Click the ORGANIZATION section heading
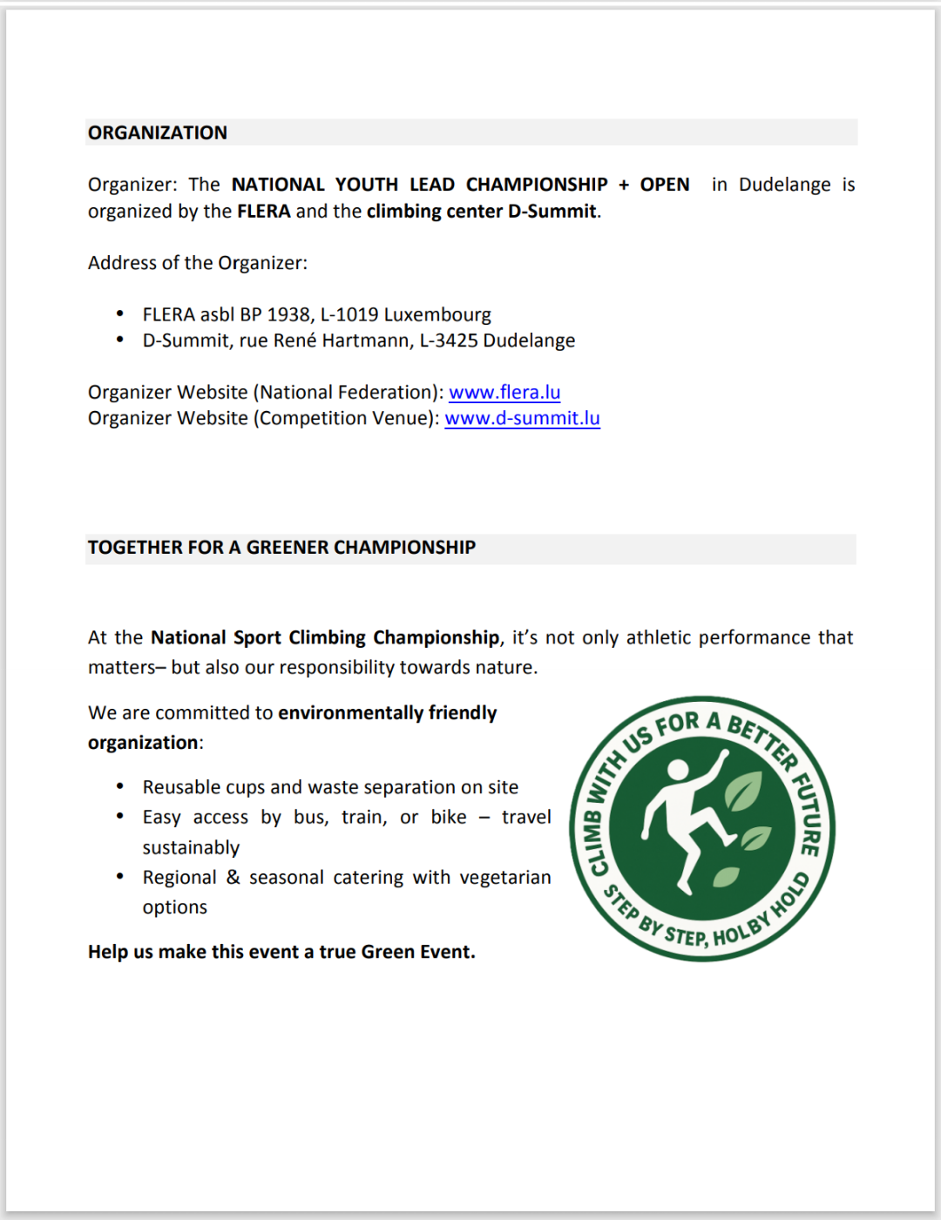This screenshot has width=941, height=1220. [158, 132]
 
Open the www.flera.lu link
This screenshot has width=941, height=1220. [504, 392]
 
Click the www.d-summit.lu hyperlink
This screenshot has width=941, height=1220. [522, 418]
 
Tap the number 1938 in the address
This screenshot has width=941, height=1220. [288, 314]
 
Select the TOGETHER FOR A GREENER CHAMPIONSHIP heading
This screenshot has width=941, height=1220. [281, 547]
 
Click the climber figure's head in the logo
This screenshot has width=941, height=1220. [677, 770]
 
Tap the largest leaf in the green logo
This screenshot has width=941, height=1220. [743, 790]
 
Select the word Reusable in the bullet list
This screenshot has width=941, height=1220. [181, 787]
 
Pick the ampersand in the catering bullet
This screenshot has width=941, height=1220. [234, 877]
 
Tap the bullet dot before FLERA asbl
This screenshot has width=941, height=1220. [120, 314]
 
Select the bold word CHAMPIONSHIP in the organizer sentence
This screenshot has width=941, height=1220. [537, 185]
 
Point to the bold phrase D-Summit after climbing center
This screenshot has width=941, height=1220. [552, 211]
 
